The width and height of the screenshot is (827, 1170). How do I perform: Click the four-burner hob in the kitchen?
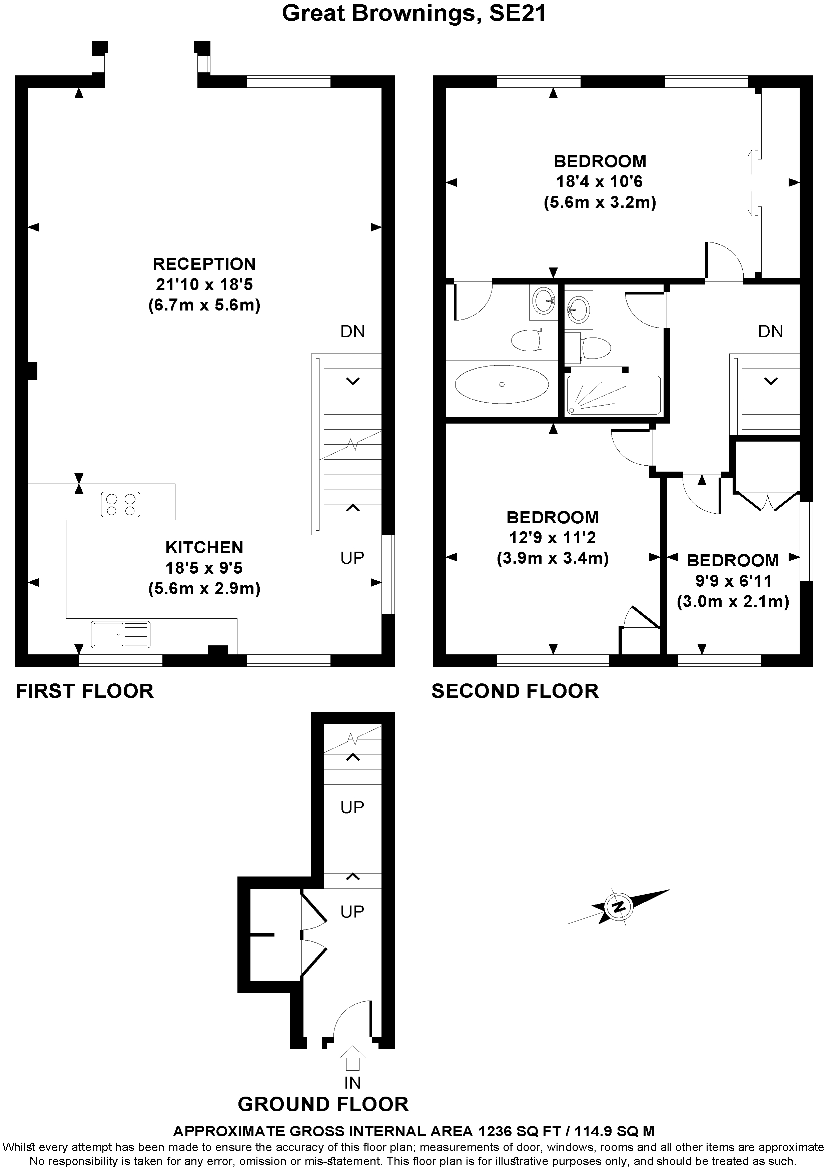tap(121, 505)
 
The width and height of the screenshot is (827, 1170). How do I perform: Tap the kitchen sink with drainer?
tap(121, 634)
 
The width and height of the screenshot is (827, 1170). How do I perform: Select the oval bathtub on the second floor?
tap(502, 384)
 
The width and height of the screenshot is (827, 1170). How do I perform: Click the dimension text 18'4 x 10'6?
tap(599, 181)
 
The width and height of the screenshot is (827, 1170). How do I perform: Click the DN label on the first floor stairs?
tap(352, 332)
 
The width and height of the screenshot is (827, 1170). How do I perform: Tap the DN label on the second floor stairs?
tap(770, 332)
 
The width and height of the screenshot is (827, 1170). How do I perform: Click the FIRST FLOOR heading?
tap(85, 691)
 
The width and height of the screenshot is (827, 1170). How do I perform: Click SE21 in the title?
tap(517, 13)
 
